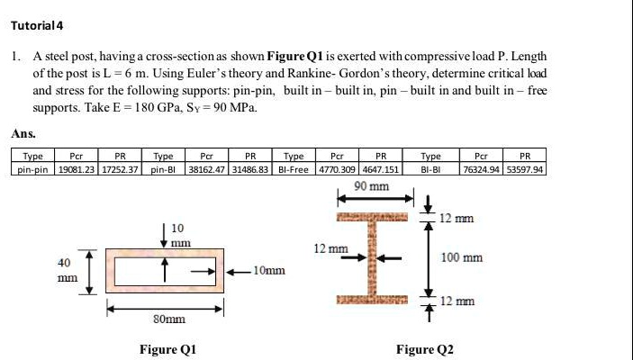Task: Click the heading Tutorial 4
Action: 35,24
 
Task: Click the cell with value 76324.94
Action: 484,168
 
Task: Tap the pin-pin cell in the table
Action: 32,168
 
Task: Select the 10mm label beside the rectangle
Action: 268,270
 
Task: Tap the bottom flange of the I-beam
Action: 374,300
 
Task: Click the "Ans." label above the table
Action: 23,133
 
